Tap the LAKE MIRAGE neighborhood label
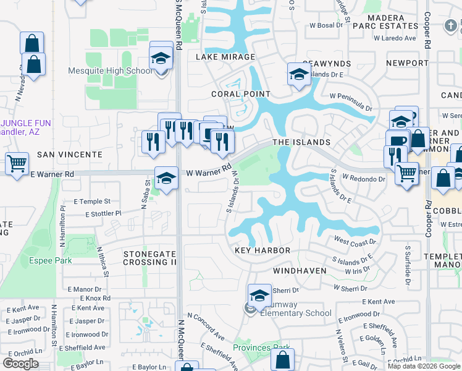click(x=225, y=57)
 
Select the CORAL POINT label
click(x=240, y=94)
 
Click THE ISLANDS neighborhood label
click(x=301, y=142)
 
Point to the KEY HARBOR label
click(x=262, y=250)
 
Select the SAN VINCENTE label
click(x=69, y=154)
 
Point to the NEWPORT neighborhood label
click(x=407, y=63)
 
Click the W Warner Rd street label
click(x=209, y=169)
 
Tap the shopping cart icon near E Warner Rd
click(x=17, y=163)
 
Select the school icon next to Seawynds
click(x=298, y=75)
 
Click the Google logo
click(x=20, y=364)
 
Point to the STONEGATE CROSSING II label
click(x=149, y=258)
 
